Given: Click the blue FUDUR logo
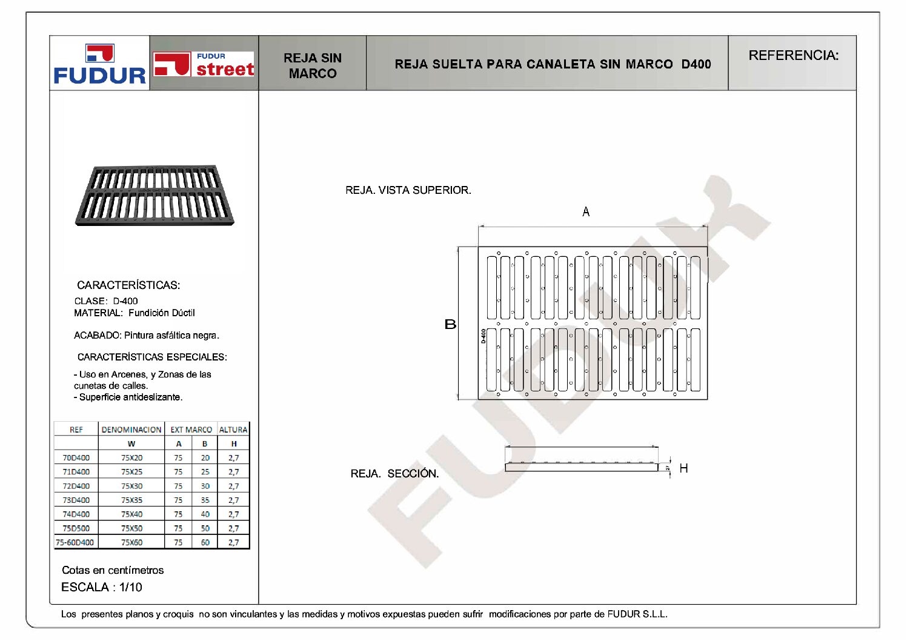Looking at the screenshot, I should coord(100,65).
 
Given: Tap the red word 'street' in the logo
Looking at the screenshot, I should coord(225,69).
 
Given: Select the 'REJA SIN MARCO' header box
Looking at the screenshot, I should coord(313,65).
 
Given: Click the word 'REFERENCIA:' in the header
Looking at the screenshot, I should coord(793,56).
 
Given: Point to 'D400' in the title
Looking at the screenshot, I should coord(696,64).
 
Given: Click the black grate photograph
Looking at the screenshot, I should coord(154,194).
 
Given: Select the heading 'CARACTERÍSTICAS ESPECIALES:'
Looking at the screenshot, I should coord(152,357).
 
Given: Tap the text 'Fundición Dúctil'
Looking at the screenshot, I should coord(161,313).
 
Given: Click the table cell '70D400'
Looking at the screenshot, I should coord(76,458).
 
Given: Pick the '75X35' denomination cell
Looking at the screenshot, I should coord(131,500).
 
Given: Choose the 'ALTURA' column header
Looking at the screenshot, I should coord(233,430).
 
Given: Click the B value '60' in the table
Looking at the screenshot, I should coord(205,543).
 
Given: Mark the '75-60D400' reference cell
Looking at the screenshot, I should coord(75,543).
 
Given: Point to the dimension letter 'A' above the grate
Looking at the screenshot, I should coord(586,211).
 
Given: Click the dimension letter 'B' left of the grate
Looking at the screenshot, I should coord(450,324).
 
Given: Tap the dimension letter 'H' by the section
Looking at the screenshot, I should coord(683,468).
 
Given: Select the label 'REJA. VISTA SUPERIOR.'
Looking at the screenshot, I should coord(408,190).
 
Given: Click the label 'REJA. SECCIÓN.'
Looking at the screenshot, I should coord(394,473).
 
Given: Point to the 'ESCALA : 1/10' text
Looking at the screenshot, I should coord(102,587).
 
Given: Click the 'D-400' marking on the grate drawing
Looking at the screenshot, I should coord(483,336).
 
